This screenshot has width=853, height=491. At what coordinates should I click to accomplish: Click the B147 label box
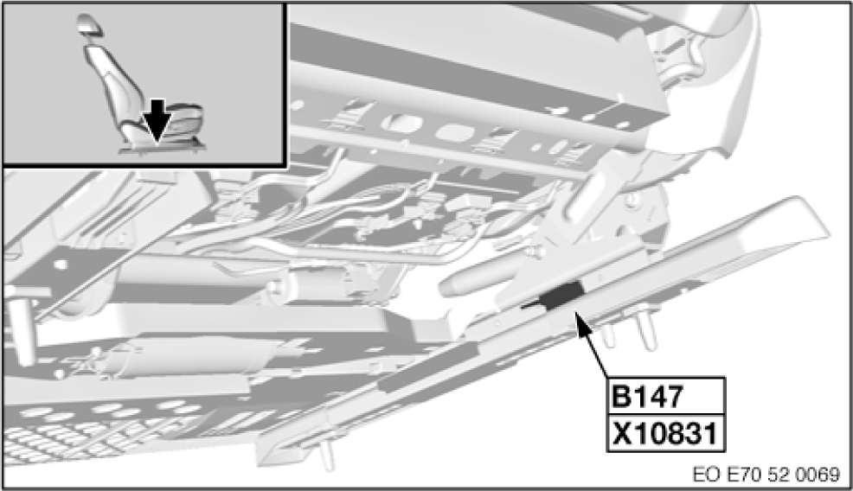coord(664,396)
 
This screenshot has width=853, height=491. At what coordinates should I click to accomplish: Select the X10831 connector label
coord(664,431)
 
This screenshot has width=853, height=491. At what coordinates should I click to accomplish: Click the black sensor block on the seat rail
coord(561,296)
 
